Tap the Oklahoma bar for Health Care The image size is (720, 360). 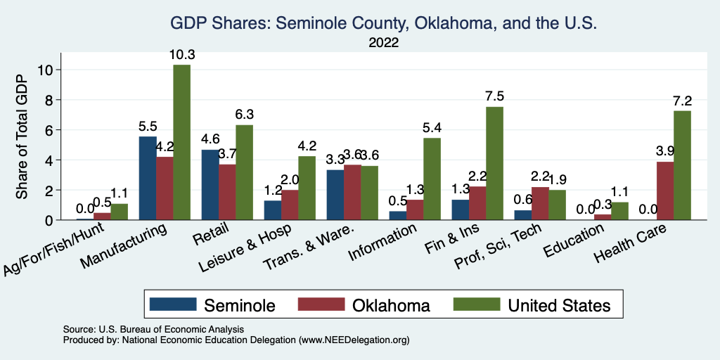pyautogui.click(x=664, y=191)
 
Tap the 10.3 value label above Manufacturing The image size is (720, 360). pyautogui.click(x=181, y=55)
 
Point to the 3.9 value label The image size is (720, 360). pyautogui.click(x=664, y=152)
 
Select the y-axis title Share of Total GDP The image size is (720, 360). pyautogui.click(x=22, y=136)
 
